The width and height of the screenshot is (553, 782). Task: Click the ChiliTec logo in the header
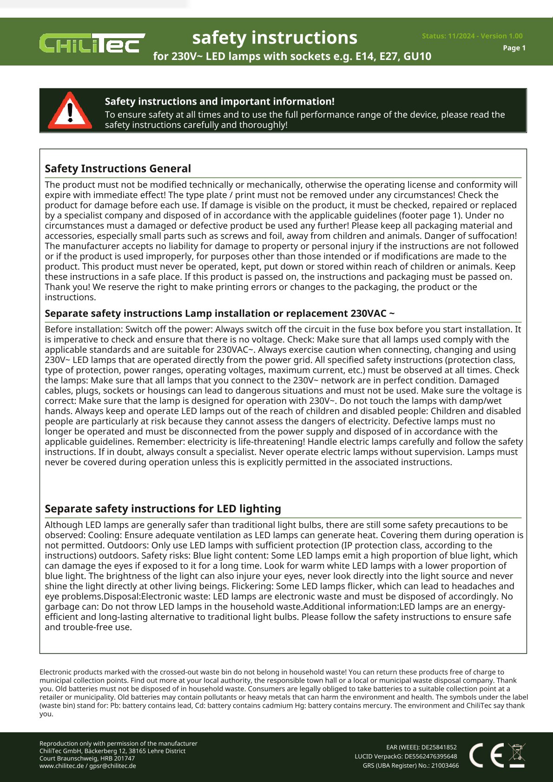[92, 43]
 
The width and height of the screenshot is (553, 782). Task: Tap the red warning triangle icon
[70, 111]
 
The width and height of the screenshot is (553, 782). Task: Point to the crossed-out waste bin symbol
[517, 755]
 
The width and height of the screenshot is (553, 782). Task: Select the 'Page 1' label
[514, 48]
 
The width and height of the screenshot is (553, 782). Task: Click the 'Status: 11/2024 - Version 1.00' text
[472, 36]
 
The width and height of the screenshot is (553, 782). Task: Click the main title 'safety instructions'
[275, 38]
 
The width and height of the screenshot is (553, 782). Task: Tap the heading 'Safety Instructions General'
[118, 169]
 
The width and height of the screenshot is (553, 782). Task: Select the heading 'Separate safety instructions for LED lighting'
[163, 509]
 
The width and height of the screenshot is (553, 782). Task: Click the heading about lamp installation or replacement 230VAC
[220, 314]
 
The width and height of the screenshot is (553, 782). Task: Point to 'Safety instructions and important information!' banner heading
[219, 101]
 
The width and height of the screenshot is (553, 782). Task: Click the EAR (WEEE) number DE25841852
[421, 747]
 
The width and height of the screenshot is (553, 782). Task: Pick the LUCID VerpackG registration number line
[405, 756]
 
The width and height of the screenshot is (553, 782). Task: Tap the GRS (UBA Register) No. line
[410, 766]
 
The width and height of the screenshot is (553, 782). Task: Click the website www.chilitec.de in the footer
[61, 766]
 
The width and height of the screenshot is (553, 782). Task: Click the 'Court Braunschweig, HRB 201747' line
[87, 758]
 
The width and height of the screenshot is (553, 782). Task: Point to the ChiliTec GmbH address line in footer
[112, 751]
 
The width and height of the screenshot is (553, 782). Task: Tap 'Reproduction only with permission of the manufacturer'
[118, 743]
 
